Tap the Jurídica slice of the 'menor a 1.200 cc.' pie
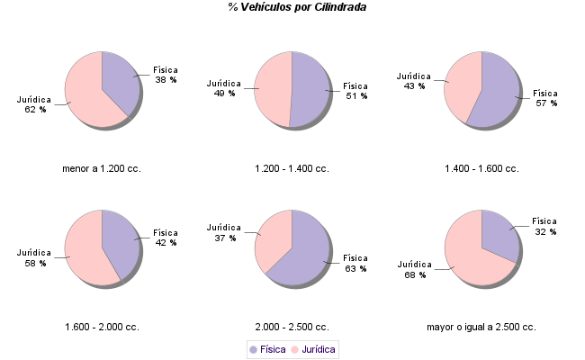pyautogui.click(x=85, y=95)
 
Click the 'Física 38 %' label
pyautogui.click(x=166, y=75)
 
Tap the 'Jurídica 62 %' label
pyautogui.click(x=35, y=104)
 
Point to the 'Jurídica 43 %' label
pyautogui.click(x=414, y=81)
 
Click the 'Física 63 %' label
pyautogui.click(x=355, y=263)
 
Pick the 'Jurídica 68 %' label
pyautogui.click(x=414, y=269)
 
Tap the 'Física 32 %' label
pyautogui.click(x=544, y=226)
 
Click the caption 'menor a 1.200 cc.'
pyautogui.click(x=102, y=168)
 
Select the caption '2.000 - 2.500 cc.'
pyautogui.click(x=292, y=327)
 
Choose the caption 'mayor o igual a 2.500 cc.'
pyautogui.click(x=481, y=327)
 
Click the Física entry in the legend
pyautogui.click(x=267, y=349)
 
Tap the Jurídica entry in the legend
pyautogui.click(x=312, y=349)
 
